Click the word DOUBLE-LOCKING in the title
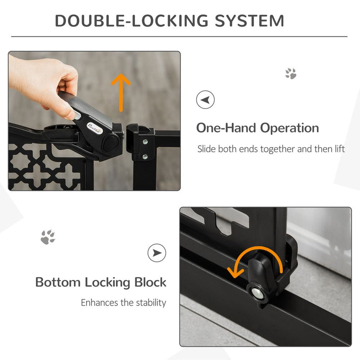[x=126, y=21]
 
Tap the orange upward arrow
[x=121, y=92]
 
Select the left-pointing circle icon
[x=205, y=99]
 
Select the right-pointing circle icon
[x=157, y=253]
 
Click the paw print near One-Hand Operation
[x=291, y=74]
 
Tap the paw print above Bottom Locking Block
[x=48, y=237]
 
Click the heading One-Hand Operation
[x=257, y=128]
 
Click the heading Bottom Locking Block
[x=101, y=283]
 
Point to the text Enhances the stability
[x=123, y=303]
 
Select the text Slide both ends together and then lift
[x=271, y=149]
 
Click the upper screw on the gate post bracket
[x=145, y=142]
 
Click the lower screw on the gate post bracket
[x=145, y=157]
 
